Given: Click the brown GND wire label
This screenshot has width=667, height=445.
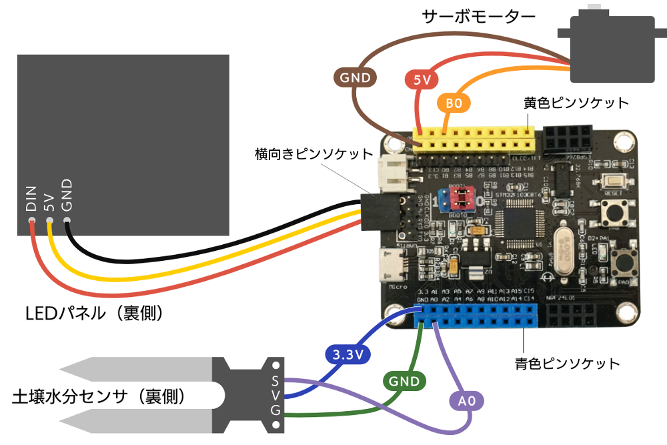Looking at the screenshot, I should [356, 77].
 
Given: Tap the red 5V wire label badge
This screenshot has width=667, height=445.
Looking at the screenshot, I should [422, 81].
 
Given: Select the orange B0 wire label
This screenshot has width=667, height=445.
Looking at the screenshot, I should [454, 103].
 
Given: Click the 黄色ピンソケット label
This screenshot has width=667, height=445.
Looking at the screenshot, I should [576, 103].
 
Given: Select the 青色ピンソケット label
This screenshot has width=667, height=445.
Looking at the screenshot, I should [567, 364].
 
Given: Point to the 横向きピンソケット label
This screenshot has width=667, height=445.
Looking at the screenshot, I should [314, 154].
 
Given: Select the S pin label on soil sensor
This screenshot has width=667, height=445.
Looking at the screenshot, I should [275, 381].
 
